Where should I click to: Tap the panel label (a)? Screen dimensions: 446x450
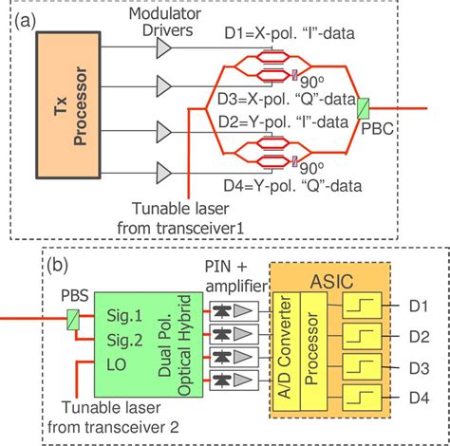(x=30, y=17)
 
